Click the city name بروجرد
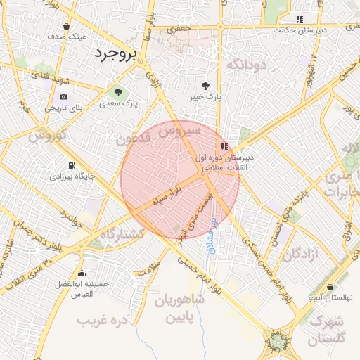pyautogui.click(x=116, y=54)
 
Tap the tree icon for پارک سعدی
pyautogui.click(x=118, y=92)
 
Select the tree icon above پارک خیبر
pyautogui.click(x=205, y=86)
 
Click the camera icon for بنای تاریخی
pyautogui.click(x=64, y=97)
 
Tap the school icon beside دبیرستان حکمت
pyautogui.click(x=300, y=19)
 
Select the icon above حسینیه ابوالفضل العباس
pyautogui.click(x=82, y=273)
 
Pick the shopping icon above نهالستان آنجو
pyautogui.click(x=330, y=287)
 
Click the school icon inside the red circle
pyautogui.click(x=224, y=146)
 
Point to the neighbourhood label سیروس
pyautogui.click(x=179, y=131)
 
